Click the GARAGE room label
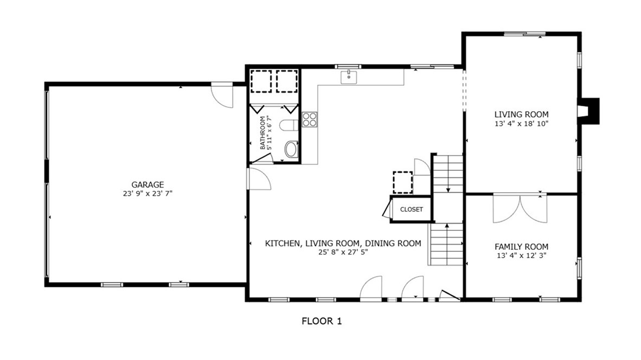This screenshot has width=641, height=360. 147,184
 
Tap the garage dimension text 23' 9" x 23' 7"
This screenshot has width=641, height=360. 147,193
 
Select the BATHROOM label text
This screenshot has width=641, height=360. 263,133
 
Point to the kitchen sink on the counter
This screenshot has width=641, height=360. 348,78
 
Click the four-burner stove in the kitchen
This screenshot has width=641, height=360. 309,119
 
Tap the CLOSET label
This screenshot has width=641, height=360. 411,210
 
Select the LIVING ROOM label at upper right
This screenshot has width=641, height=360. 521,114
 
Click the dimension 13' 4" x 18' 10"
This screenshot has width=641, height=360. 521,124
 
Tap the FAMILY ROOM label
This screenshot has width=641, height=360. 521,246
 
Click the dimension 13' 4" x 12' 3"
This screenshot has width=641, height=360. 521,255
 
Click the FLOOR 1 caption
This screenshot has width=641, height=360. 322,322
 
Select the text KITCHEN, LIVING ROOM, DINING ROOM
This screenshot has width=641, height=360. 343,243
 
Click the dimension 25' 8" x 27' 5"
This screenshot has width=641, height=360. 343,253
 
